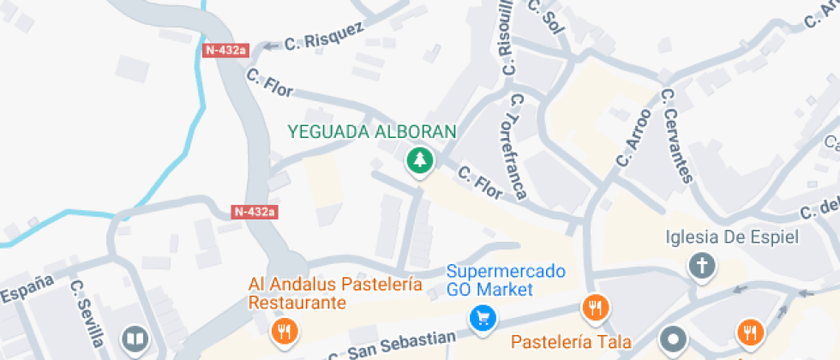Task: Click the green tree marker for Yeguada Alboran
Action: [x=418, y=159]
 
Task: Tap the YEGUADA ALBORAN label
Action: [x=372, y=132]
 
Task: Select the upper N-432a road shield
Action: [x=225, y=50]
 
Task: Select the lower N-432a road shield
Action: [x=255, y=211]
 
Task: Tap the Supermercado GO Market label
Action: [x=506, y=280]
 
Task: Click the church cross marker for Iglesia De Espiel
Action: [x=702, y=266]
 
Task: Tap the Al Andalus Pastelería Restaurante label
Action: [x=335, y=293]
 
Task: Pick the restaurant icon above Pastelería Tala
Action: [x=594, y=307]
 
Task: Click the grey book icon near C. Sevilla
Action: [x=135, y=338]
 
